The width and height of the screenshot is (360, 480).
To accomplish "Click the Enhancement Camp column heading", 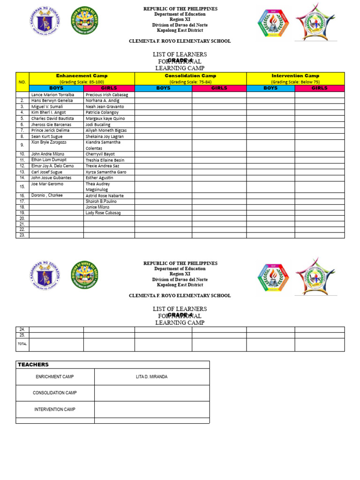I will pos(82,75).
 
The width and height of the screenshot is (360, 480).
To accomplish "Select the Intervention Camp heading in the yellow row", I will pos(295,75).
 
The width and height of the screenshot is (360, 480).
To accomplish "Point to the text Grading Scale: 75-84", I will pos(190,82).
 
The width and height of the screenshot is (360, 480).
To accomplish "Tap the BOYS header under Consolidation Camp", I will pos(163,88).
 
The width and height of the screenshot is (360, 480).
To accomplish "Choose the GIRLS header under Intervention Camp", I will pos(319,88).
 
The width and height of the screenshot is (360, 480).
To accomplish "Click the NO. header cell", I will pos(22,82).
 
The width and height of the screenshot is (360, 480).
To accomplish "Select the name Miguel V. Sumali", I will pos(47,106).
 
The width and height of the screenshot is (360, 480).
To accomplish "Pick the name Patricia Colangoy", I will pos(102,112).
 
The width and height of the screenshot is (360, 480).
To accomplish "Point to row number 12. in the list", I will pos(22,166).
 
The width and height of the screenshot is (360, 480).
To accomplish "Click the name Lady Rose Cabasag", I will pos(103,213).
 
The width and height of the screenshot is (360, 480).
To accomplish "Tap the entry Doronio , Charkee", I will pos(47,195).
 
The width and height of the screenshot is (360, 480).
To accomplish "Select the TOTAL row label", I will pos(22,344).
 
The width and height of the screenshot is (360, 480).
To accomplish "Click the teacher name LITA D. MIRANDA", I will pos(151,377).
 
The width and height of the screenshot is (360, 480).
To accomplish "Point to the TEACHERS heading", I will pos(33,364).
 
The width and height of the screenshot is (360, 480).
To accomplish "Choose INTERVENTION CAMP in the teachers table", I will pos(55,409).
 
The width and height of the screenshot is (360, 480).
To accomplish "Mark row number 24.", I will pos(22,330).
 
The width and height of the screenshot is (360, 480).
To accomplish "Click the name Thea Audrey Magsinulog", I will pos(98,187).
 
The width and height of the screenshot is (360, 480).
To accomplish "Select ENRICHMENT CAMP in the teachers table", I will pos(55,377).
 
